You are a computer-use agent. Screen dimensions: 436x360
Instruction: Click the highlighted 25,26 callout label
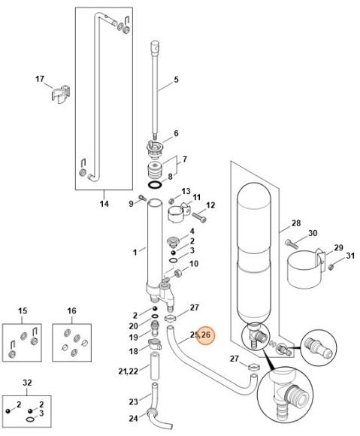coord(201,335)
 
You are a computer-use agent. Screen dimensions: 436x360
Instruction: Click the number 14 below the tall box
coord(104,204)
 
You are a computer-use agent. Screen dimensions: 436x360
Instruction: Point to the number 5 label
coord(176,80)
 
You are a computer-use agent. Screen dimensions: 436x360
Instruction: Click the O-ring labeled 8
coord(153,185)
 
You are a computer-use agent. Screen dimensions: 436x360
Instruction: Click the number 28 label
coord(296,223)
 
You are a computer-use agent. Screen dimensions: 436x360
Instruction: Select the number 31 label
coord(349,258)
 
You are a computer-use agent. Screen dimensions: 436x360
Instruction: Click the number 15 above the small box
coord(23,310)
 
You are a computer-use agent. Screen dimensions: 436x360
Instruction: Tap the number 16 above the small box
coord(72,310)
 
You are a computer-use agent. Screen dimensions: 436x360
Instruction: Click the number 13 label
coord(186,192)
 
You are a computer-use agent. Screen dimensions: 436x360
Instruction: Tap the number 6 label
coord(176,134)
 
